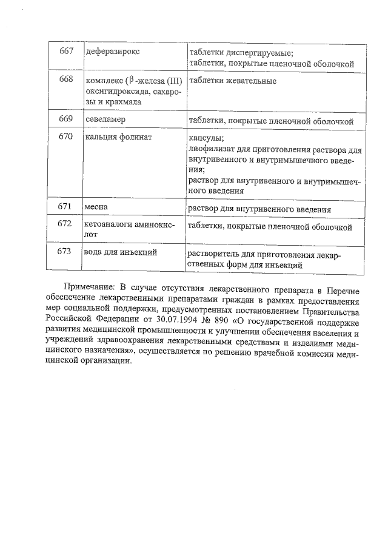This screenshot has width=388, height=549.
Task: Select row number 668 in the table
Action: pos(66,80)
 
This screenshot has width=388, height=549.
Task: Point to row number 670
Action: pos(66,137)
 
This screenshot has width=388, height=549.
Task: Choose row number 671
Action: pos(65,207)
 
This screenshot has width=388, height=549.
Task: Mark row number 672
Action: pos(65,224)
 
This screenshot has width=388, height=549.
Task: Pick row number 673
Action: pos(65,251)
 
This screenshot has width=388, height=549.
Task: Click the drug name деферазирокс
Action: pos(113,51)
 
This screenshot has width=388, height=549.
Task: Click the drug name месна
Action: pos(96,207)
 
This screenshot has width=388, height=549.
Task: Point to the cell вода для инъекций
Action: pos(121,252)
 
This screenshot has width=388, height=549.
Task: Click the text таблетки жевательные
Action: pos(233,81)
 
